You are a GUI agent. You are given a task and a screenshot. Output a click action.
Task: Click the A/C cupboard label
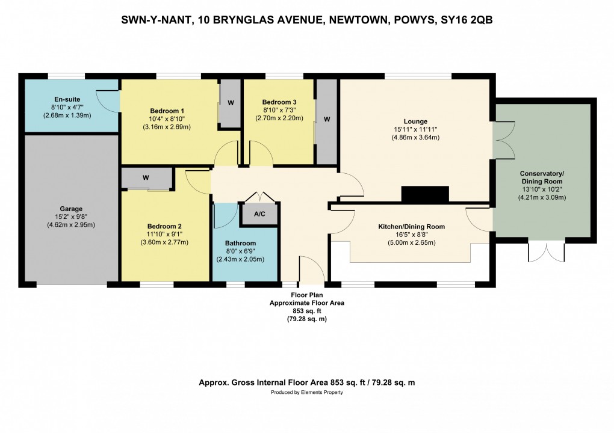coord(259,214)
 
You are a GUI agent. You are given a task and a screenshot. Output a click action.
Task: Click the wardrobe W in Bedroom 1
coord(231,102)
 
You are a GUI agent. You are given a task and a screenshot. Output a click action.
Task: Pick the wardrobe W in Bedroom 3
coord(327,119)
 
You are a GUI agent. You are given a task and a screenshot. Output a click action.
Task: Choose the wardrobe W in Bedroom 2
coord(146,177)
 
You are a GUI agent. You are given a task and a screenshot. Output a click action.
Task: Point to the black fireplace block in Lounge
coord(425,194)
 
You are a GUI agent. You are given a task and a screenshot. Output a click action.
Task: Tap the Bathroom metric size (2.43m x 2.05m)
coord(240,259)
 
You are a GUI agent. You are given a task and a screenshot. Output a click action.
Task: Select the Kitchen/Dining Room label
coord(411,227)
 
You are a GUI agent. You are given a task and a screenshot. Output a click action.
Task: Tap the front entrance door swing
coord(311,270)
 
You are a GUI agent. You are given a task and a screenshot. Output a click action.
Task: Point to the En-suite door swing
coord(109,101)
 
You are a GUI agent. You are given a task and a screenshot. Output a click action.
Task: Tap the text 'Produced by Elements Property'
coord(306,392)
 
